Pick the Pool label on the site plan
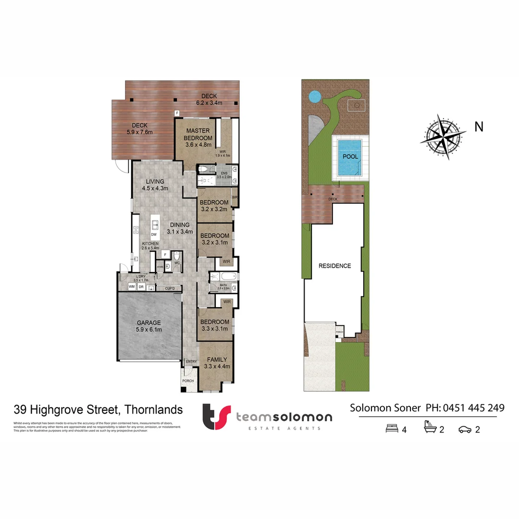[x=350, y=157]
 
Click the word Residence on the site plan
[x=335, y=266]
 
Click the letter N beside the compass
[x=479, y=126]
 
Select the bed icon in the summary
[x=392, y=429]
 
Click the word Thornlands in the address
[x=153, y=410]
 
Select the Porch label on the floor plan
[x=188, y=381]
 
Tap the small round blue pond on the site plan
[x=314, y=97]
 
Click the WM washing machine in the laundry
[x=132, y=287]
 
